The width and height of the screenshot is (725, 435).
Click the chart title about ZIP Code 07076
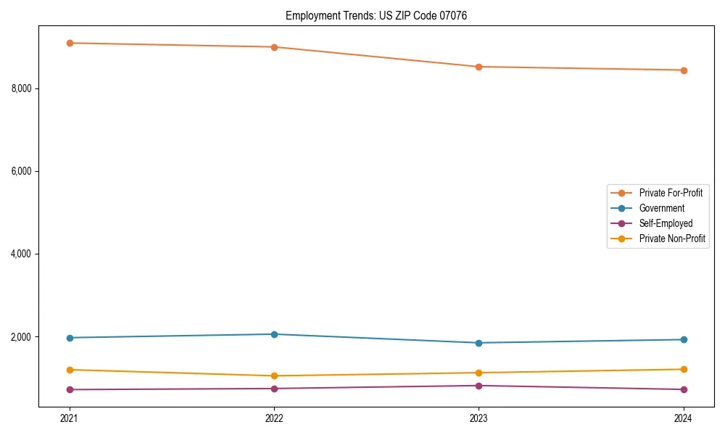[376, 15]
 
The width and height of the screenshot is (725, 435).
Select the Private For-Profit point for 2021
[70, 43]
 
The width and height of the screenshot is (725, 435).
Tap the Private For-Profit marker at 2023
[478, 67]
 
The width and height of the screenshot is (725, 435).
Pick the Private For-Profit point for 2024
[683, 70]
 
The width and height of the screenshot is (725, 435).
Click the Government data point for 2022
[274, 334]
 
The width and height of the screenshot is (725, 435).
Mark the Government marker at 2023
[478, 343]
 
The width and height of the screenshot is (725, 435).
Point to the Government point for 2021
[70, 338]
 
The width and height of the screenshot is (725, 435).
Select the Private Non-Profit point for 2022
[274, 376]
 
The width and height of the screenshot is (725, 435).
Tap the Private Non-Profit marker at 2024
[683, 369]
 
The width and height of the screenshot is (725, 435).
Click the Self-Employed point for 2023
[478, 386]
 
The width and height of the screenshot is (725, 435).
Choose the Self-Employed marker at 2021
[70, 389]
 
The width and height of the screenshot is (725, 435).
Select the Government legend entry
[661, 208]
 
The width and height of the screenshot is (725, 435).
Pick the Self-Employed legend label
[666, 223]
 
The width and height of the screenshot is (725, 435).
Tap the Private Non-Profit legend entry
[672, 239]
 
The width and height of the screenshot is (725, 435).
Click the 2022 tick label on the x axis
[274, 418]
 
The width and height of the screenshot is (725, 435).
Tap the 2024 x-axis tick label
[683, 418]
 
